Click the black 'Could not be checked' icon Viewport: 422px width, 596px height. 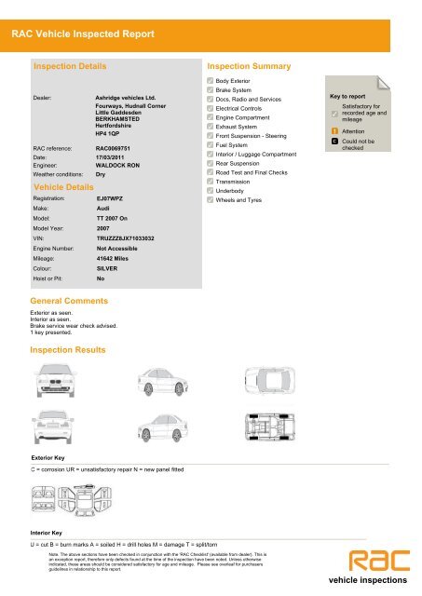point(335,142)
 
